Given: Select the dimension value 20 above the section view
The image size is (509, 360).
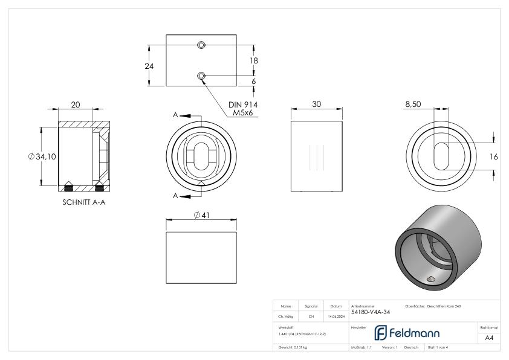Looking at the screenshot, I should click(76, 104).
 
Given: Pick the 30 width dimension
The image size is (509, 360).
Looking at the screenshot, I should click(316, 104).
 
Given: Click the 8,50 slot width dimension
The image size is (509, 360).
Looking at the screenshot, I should click(413, 104).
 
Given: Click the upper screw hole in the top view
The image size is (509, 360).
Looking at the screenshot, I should click(201, 45).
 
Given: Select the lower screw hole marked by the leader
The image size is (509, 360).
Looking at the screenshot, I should click(201, 76).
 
